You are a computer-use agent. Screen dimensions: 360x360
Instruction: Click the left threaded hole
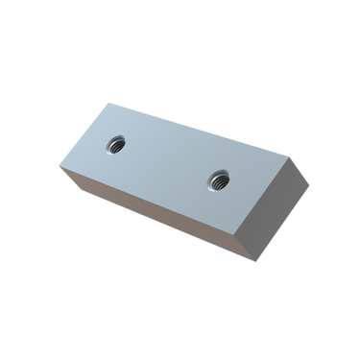pyautogui.click(x=114, y=142)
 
